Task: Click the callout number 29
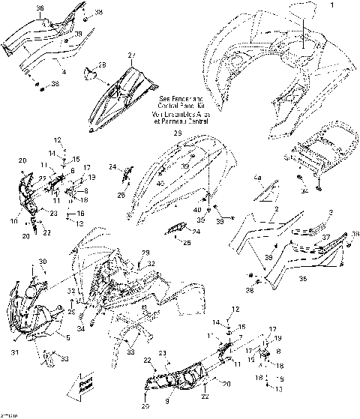[x=146, y=252]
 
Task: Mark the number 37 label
[x=327, y=238]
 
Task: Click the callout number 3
[x=331, y=213]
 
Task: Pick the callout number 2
[x=277, y=211]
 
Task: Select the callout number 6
[x=71, y=172]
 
